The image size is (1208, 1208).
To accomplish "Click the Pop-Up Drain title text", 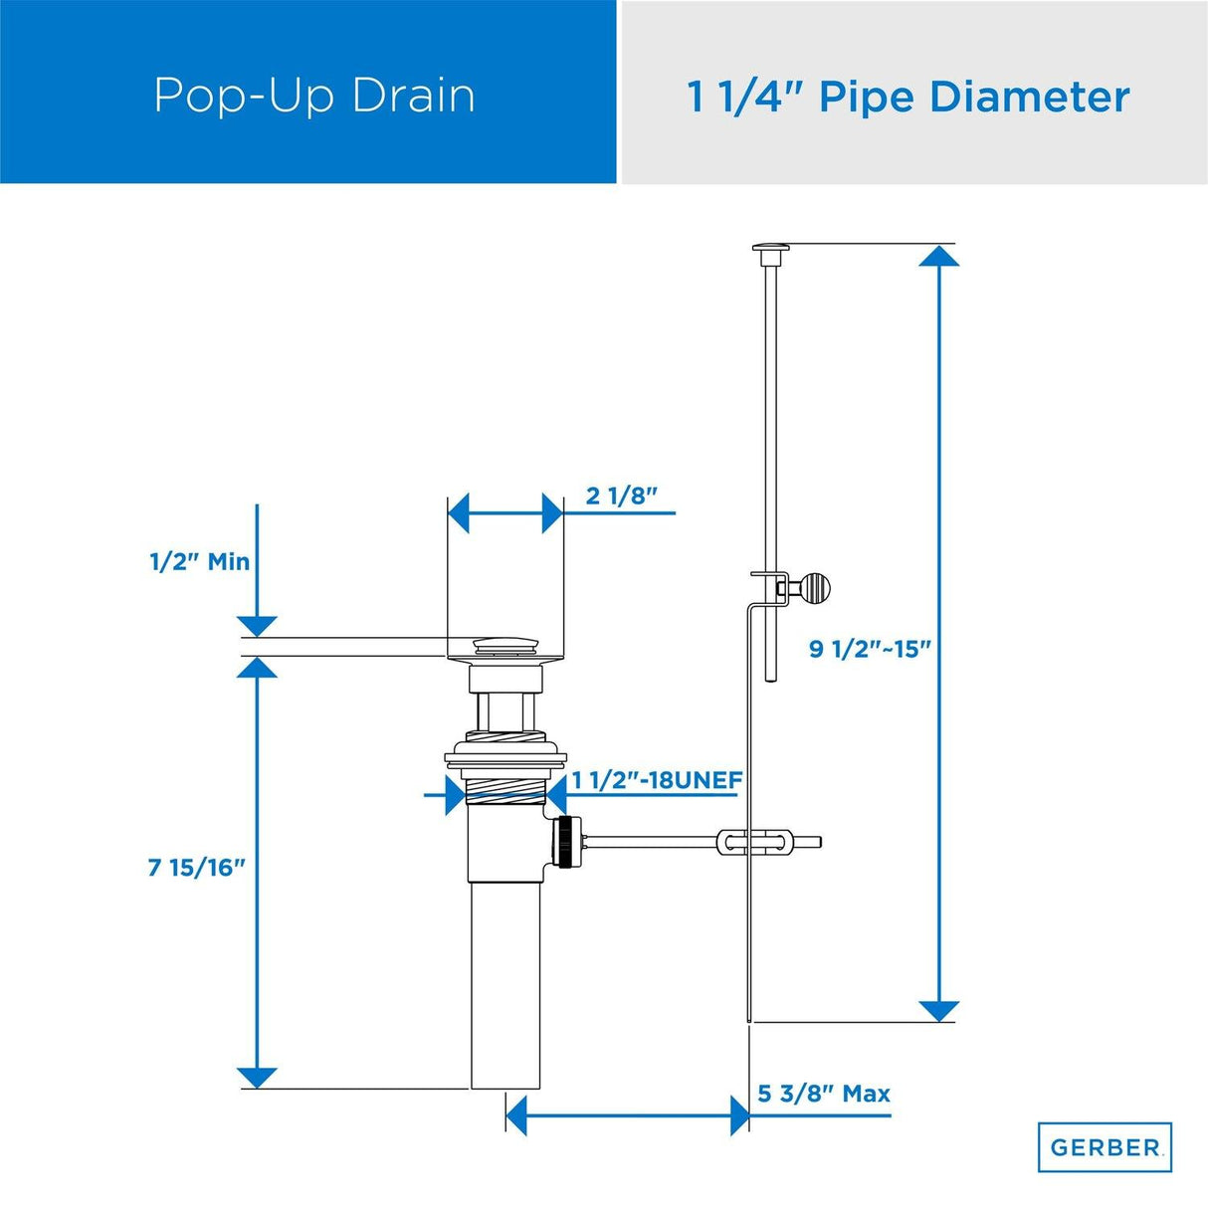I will click(314, 96).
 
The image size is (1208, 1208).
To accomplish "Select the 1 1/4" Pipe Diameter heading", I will click(907, 98).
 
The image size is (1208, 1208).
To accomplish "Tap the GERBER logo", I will click(1105, 1147).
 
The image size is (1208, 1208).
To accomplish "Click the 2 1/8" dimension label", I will click(622, 496).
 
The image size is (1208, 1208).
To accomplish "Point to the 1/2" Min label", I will click(199, 561).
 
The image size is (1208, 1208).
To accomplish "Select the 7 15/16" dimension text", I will click(196, 868).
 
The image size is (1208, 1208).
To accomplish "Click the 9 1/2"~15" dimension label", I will click(870, 649).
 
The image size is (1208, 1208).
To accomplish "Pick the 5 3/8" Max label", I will click(823, 1094).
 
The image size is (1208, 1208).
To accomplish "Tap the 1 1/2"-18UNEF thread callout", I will click(657, 780).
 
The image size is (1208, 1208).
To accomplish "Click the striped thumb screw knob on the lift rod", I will click(815, 589).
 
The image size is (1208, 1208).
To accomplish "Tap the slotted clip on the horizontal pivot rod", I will click(756, 843).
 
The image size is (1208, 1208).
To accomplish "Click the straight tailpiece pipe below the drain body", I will click(505, 985).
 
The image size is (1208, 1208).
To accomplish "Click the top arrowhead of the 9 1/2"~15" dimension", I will click(938, 257).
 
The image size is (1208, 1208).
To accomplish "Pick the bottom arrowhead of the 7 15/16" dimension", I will click(257, 1078).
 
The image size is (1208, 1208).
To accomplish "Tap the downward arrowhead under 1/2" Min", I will click(257, 626).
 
